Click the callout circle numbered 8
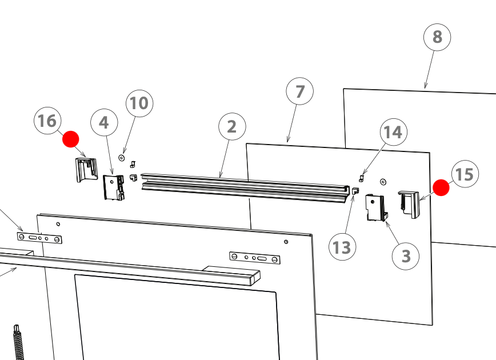click(437, 37)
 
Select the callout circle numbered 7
click(301, 91)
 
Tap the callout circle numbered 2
click(231, 126)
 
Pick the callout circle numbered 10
click(139, 103)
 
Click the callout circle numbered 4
click(104, 122)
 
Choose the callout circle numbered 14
click(393, 132)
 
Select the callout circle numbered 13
click(342, 247)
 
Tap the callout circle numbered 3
click(406, 256)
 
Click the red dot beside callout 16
click(71, 138)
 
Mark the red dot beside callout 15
click(441, 187)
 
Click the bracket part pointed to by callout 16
click(86, 169)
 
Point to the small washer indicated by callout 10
click(121, 156)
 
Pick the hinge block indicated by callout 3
click(375, 208)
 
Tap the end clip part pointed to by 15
click(410, 203)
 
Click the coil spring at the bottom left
click(18, 343)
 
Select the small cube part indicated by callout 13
click(355, 191)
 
